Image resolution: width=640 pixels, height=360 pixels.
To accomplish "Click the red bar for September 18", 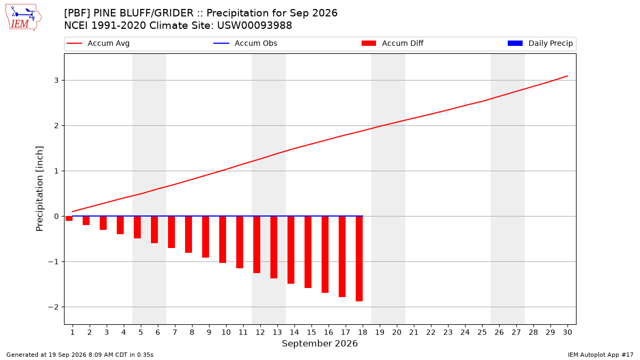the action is click(359, 259).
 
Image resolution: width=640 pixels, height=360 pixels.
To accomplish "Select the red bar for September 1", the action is click(69, 219).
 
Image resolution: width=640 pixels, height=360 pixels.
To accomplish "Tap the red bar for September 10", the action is click(222, 239).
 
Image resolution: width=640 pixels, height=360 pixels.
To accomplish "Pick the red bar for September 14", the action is click(291, 250).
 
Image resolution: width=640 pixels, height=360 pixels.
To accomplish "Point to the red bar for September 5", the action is click(137, 227).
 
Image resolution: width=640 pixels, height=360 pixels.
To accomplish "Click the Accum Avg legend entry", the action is click(98, 43).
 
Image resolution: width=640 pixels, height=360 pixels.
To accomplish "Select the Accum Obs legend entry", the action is click(245, 43).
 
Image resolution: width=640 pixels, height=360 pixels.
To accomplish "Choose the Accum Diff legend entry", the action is click(393, 43).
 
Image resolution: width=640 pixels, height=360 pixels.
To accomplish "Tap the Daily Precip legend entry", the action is click(540, 43).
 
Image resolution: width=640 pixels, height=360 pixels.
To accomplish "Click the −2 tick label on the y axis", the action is click(53, 307).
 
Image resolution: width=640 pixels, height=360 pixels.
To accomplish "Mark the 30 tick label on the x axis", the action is click(567, 332).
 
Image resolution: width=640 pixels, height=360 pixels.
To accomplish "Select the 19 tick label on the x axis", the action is click(380, 332).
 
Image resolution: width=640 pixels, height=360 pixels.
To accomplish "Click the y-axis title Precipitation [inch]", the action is click(39, 189).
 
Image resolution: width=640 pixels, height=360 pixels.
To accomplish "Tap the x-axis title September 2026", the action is click(319, 343).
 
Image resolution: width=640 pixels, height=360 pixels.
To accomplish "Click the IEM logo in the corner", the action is click(23, 18).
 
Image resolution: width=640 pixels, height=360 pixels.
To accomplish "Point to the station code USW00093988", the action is click(254, 26).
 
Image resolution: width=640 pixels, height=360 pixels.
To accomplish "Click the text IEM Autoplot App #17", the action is click(601, 355).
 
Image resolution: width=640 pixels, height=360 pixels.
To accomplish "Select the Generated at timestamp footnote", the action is click(79, 355).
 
